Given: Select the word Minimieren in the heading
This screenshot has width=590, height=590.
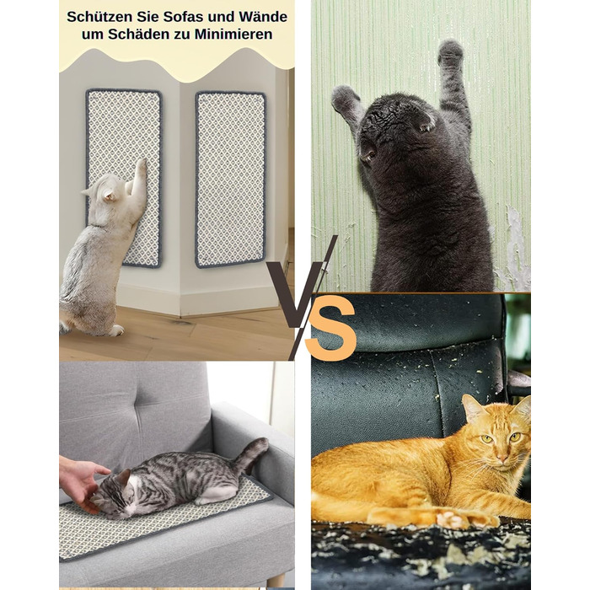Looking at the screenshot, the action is tap(233, 35).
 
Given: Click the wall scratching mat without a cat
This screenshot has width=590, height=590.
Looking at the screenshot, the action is tap(230, 180).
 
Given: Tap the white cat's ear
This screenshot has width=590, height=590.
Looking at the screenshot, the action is tap(110, 195).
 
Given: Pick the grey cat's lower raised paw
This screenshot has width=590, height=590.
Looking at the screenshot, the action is tap(344, 99).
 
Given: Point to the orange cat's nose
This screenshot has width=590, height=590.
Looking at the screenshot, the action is tap(502, 457).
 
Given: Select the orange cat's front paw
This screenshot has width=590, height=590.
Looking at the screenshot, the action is tap(452, 519).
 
